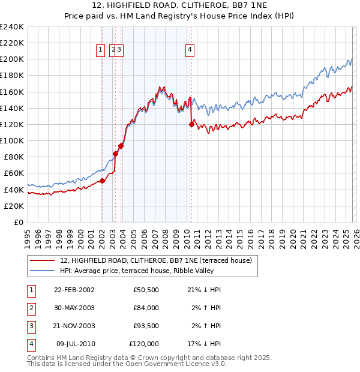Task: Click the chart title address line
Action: (179, 5)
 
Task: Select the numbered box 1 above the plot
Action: (100, 50)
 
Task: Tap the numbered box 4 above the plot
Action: (190, 50)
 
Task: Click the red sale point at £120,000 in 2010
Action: (192, 124)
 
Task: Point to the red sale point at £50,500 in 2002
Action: (102, 181)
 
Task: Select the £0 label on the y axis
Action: (17, 222)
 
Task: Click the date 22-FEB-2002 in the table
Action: (74, 289)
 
